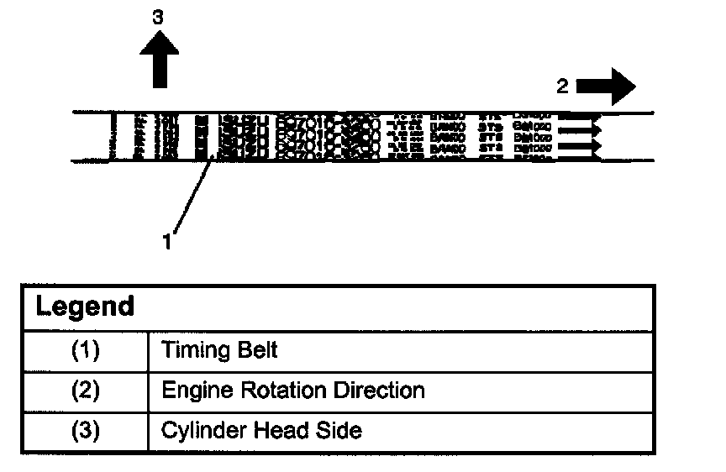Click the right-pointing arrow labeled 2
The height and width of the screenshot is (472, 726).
(608, 85)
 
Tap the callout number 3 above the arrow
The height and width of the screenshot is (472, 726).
(157, 16)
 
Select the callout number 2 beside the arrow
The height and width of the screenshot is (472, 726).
(563, 85)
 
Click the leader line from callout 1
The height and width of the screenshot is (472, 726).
(192, 196)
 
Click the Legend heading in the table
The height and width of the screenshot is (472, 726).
(85, 307)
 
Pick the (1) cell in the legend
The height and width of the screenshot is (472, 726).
(84, 350)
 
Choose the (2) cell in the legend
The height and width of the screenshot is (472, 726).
(84, 391)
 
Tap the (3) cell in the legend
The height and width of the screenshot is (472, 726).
(84, 431)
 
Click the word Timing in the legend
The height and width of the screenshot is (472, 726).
(192, 350)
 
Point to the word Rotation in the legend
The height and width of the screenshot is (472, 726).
(267, 391)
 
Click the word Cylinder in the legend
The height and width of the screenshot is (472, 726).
(199, 432)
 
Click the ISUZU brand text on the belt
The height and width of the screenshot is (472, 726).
(243, 135)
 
